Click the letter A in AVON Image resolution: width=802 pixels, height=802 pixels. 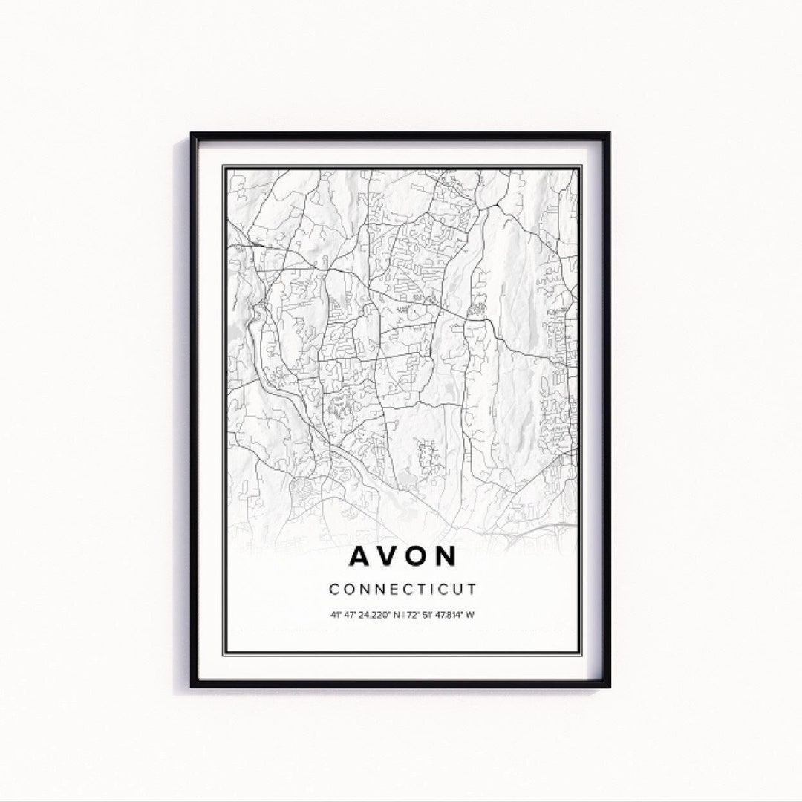click(358, 556)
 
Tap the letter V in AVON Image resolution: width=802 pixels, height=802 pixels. click(388, 556)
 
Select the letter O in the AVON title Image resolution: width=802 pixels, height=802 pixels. click(418, 556)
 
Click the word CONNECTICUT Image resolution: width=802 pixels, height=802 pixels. click(402, 590)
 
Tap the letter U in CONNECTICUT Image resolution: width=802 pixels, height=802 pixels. click(456, 590)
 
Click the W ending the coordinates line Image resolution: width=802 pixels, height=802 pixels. click(471, 615)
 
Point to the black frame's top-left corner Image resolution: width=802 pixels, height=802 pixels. click(192, 134)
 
